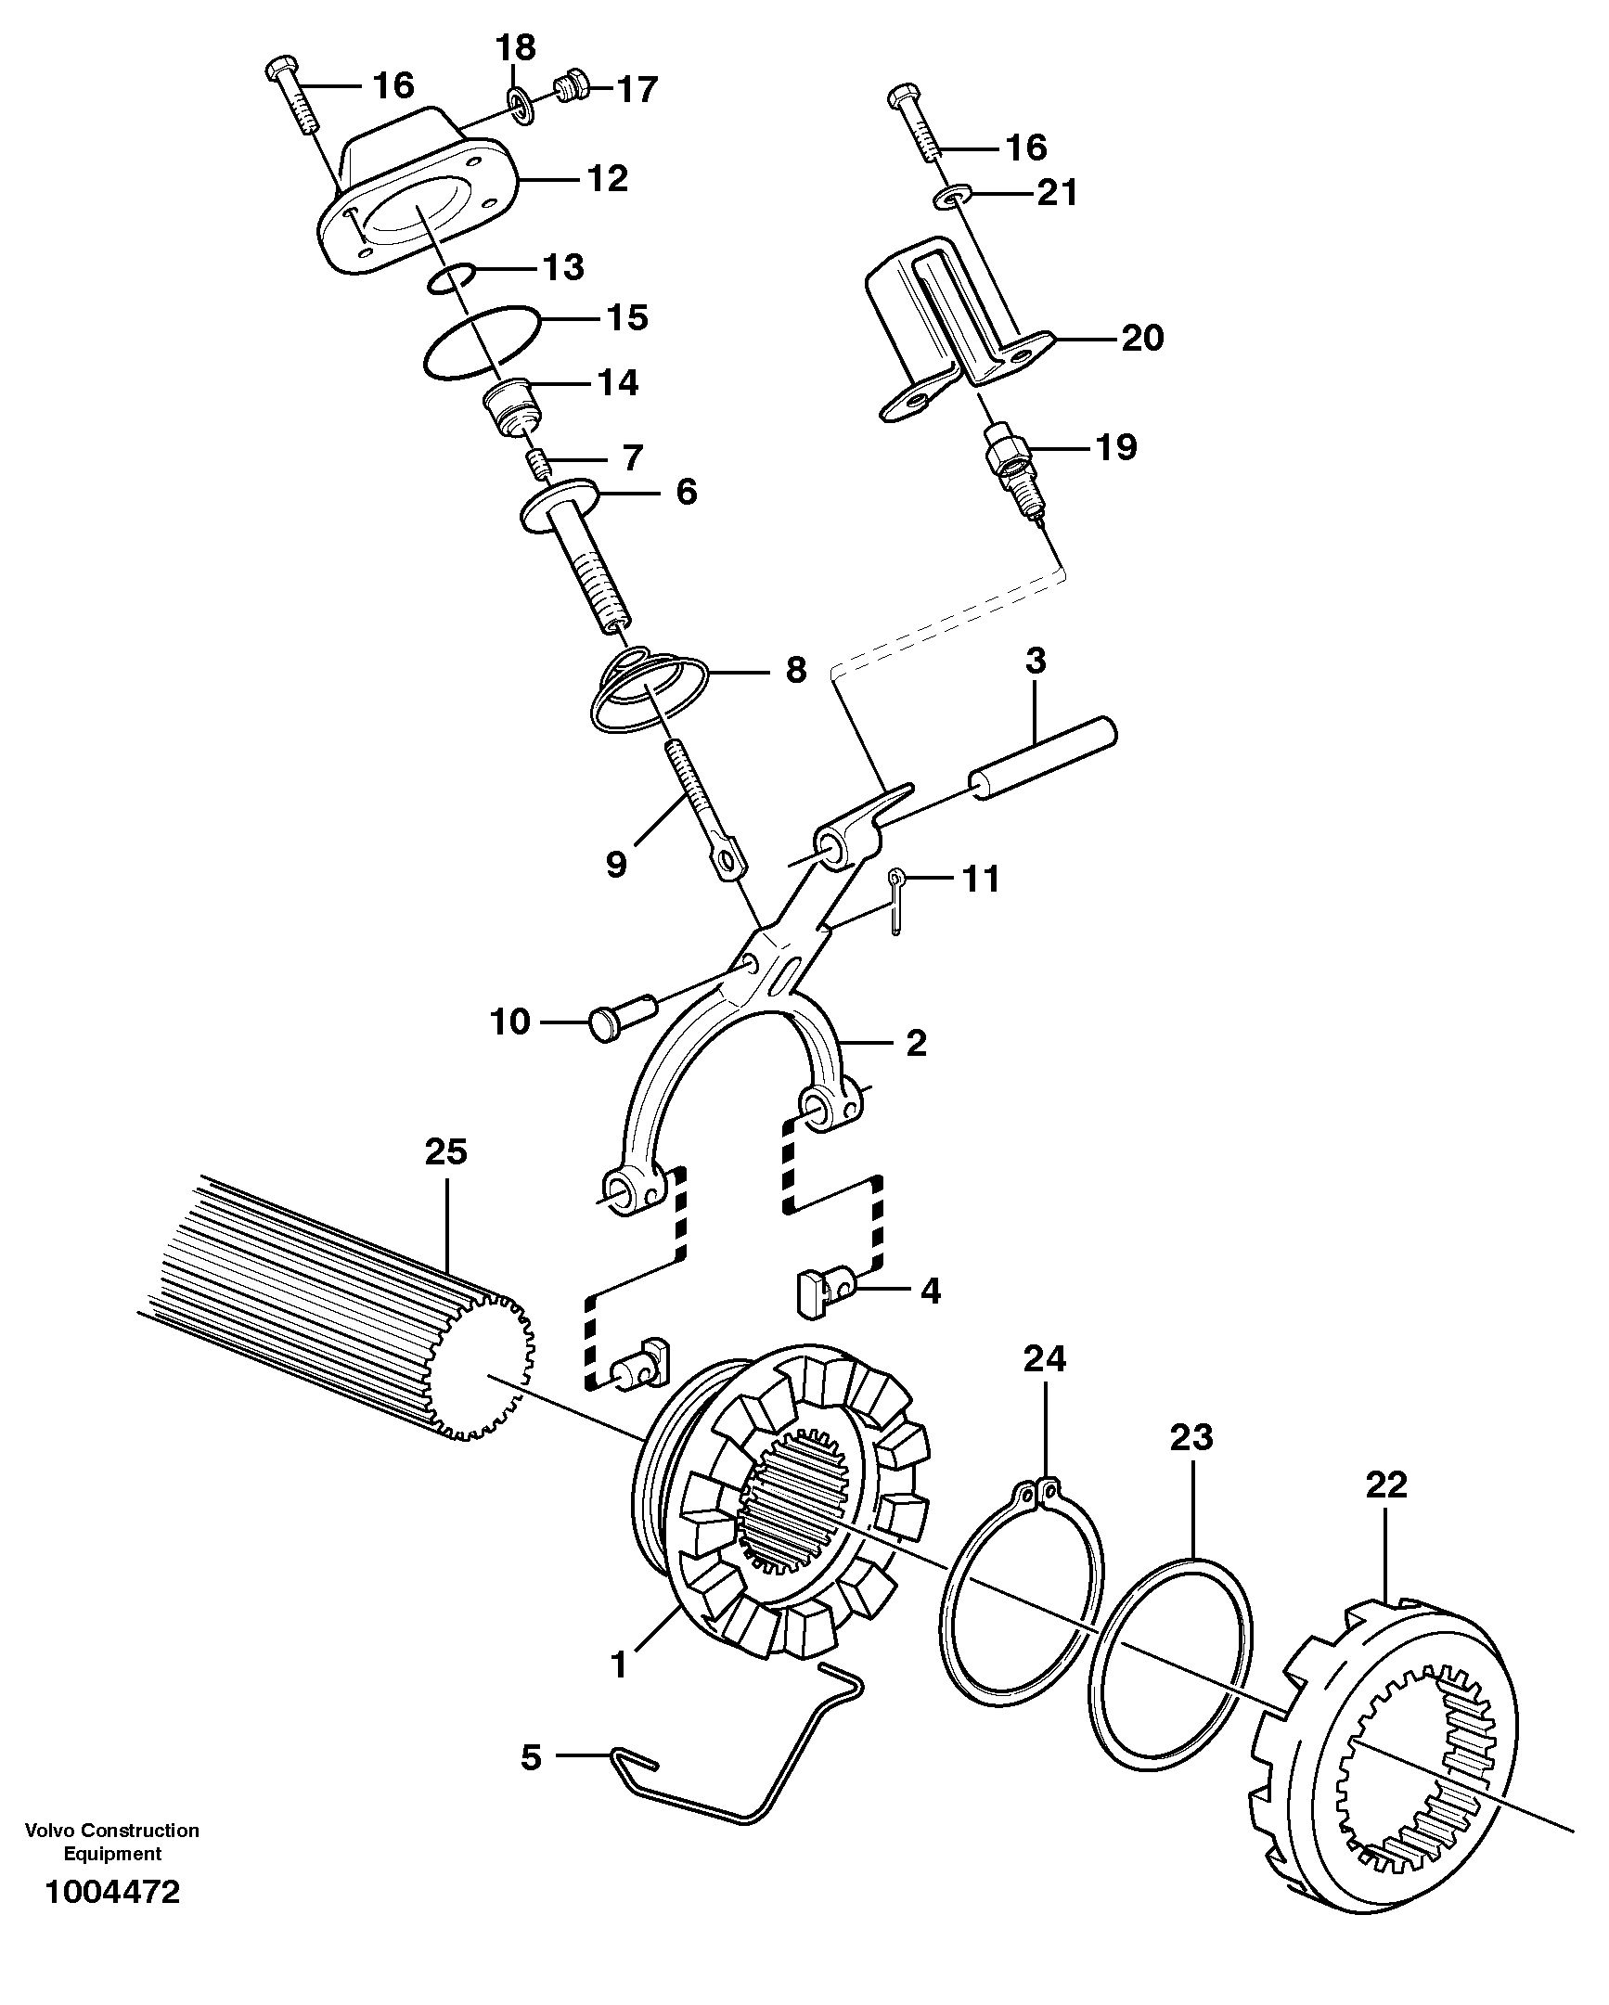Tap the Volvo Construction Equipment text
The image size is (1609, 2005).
click(111, 1842)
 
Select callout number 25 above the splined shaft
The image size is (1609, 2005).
click(445, 1152)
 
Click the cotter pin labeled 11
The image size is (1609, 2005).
click(895, 901)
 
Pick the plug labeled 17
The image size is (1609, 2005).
click(567, 88)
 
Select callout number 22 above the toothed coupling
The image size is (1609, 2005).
click(1385, 1485)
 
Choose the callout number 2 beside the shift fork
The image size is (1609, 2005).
click(915, 1044)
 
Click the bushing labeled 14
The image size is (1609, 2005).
click(510, 407)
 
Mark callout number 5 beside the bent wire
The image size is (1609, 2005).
click(530, 1758)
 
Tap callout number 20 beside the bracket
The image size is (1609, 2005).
click(1142, 338)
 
